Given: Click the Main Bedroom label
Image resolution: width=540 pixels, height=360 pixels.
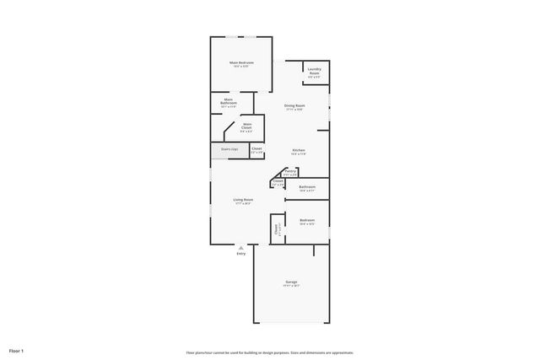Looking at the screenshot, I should tap(241, 62).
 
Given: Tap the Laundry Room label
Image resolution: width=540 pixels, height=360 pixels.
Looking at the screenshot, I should tap(314, 72).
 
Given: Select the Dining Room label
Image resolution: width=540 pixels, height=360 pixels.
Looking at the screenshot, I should tap(294, 105).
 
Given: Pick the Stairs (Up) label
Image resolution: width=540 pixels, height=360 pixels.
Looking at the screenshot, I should tap(229, 149).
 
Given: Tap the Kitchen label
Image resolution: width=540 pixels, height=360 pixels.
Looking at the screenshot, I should tap(298, 150).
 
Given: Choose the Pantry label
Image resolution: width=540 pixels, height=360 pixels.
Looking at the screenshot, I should tap(290, 171).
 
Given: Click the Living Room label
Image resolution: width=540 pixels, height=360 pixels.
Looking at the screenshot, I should tap(243, 200).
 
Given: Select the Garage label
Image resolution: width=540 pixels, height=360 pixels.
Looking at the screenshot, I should tap(291, 282).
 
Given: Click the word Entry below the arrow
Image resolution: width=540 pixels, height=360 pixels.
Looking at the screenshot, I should tap(241, 253).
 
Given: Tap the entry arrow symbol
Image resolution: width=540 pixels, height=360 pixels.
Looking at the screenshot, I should tap(241, 247).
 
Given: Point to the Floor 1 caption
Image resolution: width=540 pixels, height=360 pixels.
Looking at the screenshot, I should tap(16, 350).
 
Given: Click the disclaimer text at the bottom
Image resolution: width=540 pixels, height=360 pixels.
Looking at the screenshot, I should tap(270, 352).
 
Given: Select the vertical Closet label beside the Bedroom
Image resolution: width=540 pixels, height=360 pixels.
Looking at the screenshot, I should tap(276, 228).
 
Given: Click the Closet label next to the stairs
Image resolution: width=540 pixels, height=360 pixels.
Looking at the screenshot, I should tap(256, 149).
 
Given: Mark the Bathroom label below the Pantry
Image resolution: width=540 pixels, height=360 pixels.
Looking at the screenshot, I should tap(307, 187).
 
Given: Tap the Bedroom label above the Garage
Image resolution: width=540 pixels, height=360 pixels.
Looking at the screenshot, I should tap(307, 221).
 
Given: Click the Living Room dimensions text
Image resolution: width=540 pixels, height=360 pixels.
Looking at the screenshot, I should tap(243, 204).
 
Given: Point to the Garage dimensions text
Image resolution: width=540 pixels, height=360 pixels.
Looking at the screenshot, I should tap(291, 286).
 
